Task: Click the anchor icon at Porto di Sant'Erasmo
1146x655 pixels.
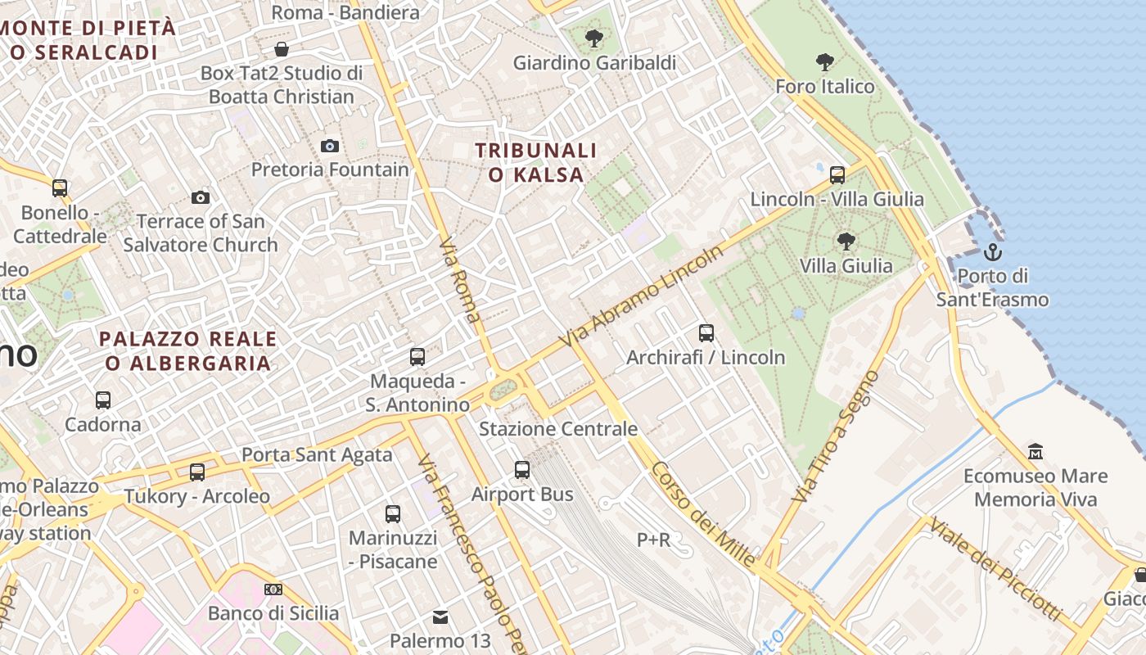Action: pos(993,251)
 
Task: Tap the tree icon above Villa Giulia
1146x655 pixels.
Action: pos(846,242)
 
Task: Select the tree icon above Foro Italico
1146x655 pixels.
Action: pos(824,61)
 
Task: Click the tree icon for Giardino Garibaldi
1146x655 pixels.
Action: pos(593,38)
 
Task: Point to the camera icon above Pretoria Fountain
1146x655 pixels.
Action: pos(330,146)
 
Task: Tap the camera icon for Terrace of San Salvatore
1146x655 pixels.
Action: pos(200,197)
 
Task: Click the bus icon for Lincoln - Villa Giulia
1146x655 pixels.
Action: pos(837,174)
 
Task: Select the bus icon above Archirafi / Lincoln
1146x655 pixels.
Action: pos(706,333)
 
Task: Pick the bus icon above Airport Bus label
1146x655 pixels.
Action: pos(522,470)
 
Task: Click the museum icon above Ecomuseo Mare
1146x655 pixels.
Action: pos(1035,452)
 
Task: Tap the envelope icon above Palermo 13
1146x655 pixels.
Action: pos(440,617)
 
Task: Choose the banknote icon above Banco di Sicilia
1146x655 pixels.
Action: pos(273,589)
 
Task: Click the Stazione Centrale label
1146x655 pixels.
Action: pos(557,429)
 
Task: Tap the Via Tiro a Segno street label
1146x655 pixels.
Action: pos(836,436)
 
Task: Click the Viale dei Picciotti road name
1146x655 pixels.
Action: pos(995,569)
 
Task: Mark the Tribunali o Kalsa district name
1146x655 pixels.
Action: pos(536,162)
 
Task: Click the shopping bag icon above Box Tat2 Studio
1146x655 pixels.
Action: pos(282,49)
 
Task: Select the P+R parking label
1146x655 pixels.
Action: pos(653,540)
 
